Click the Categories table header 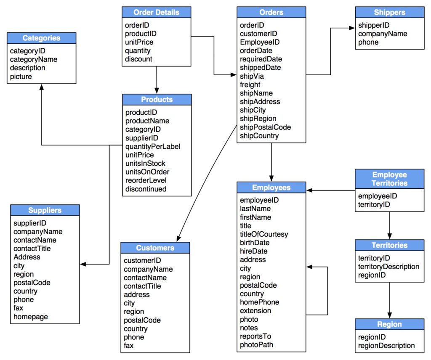(41, 38)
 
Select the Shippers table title (389, 12)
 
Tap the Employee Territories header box (389, 179)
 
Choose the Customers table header (155, 248)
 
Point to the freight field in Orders (250, 85)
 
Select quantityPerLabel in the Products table (153, 146)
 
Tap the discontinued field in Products (146, 189)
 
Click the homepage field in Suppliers (31, 317)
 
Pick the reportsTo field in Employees (255, 336)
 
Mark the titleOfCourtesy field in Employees (264, 234)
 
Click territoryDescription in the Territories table (388, 267)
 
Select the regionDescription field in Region (386, 346)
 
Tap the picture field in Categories (21, 77)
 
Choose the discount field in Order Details (138, 59)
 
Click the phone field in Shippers (368, 42)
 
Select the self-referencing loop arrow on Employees (327, 290)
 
